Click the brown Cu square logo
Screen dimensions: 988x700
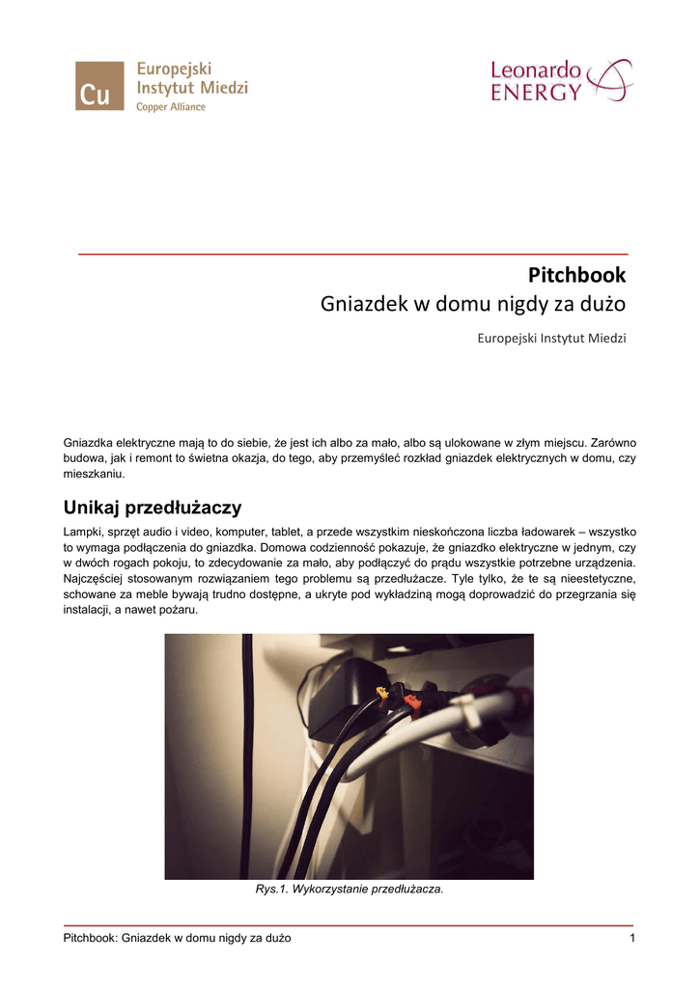tap(99, 86)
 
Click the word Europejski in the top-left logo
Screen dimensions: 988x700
tap(174, 69)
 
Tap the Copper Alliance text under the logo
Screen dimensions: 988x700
tap(170, 107)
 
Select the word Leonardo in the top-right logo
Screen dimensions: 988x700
tap(536, 70)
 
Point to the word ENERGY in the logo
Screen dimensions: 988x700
tap(536, 93)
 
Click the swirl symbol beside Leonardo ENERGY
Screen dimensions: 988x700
tap(610, 79)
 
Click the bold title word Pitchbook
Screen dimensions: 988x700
tap(577, 275)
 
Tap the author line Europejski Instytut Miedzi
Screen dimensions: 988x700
tap(552, 339)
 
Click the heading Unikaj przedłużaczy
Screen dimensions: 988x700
tap(152, 507)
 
